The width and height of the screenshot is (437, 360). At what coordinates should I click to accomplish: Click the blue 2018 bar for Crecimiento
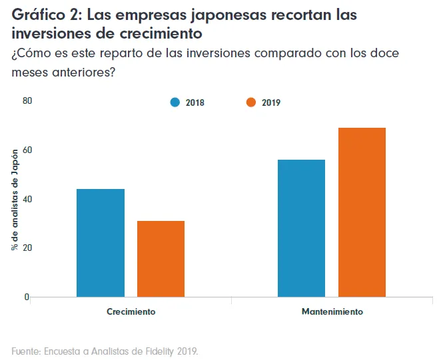click(x=101, y=243)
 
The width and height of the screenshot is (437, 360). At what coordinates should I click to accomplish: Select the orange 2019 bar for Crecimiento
click(x=161, y=259)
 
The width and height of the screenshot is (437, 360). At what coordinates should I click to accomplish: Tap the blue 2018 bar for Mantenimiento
click(x=301, y=228)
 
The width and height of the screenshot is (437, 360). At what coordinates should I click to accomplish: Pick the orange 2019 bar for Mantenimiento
click(x=362, y=212)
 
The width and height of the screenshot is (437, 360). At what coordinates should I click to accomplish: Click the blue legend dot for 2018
click(x=175, y=102)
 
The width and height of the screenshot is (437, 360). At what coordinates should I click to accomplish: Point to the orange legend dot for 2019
click(x=251, y=102)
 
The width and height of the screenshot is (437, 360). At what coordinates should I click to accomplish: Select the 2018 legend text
click(x=195, y=103)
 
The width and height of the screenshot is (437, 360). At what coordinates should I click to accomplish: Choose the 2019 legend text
click(x=271, y=103)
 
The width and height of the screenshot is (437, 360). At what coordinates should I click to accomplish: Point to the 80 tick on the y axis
click(x=27, y=101)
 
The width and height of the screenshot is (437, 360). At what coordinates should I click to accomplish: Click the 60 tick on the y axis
click(x=27, y=150)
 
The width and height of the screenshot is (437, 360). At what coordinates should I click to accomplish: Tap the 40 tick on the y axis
click(x=27, y=199)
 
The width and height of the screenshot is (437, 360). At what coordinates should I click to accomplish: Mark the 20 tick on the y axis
click(x=27, y=248)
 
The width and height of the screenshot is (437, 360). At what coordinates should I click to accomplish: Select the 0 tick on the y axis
click(x=27, y=297)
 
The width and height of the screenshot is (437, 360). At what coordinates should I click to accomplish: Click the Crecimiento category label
click(x=131, y=311)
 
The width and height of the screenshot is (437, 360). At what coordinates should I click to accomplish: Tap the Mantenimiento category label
click(x=332, y=311)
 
